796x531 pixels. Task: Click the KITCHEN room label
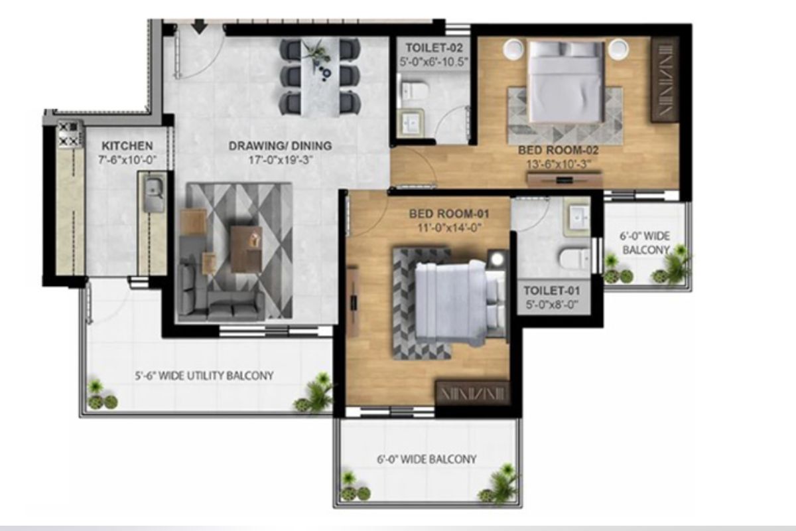pos(127,146)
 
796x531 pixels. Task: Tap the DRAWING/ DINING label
pos(280,146)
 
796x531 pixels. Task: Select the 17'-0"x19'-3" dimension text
pos(280,161)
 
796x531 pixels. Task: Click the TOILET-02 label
pos(434,48)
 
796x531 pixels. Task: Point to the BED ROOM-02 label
pos(559,150)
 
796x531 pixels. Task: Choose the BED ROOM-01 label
pos(449,214)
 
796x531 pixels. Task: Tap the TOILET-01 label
pos(552,291)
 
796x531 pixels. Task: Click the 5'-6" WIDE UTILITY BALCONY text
pos(204,376)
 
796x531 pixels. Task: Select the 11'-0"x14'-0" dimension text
pos(449,228)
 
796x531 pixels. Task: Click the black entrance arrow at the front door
pos(200,26)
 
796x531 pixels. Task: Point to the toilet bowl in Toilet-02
pos(413,90)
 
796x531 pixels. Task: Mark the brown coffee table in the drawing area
pos(246,250)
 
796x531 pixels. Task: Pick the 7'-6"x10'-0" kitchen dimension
pos(127,160)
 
